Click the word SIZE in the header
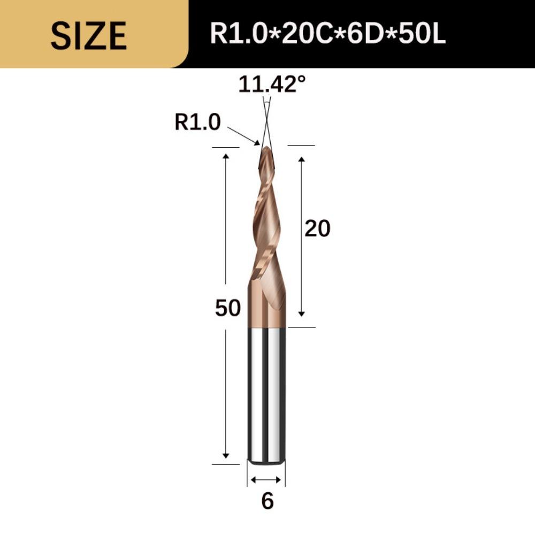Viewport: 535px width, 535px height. pyautogui.click(x=89, y=35)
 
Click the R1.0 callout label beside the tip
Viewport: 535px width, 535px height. pyautogui.click(x=197, y=123)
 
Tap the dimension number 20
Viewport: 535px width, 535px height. pyautogui.click(x=317, y=229)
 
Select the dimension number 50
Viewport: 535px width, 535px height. pyautogui.click(x=228, y=308)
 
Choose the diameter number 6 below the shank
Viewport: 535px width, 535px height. pyautogui.click(x=267, y=501)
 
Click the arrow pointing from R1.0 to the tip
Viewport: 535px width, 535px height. pyautogui.click(x=244, y=136)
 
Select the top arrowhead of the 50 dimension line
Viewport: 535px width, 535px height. pyautogui.click(x=226, y=156)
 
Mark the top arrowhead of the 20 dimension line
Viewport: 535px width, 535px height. pyautogui.click(x=302, y=159)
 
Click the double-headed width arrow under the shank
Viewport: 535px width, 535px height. pyautogui.click(x=266, y=479)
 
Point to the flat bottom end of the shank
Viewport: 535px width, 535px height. pyautogui.click(x=266, y=461)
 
